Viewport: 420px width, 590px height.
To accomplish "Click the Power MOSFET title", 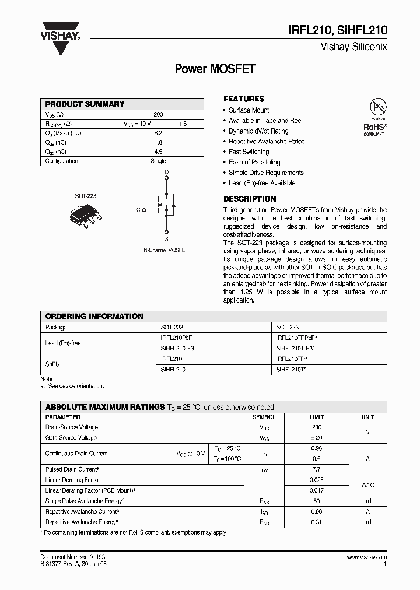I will click(x=215, y=69).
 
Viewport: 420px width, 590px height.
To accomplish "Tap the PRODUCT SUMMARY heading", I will click(x=85, y=104).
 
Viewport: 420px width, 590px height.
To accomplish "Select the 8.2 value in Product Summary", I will click(x=158, y=133).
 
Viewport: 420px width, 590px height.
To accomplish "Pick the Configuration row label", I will click(x=61, y=161).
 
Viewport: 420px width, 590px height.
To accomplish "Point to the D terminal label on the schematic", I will click(x=166, y=172).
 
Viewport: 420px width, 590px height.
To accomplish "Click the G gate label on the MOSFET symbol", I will click(x=138, y=209).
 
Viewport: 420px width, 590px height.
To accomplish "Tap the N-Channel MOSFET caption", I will click(x=166, y=250).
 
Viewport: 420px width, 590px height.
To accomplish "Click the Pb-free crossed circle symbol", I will click(x=378, y=107).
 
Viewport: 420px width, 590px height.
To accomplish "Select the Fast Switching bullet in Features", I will click(x=249, y=152).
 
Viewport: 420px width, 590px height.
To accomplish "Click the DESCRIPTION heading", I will click(x=250, y=199).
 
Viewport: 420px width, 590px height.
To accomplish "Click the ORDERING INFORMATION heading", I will click(x=94, y=316).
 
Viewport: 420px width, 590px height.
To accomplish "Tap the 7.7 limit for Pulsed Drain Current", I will click(x=317, y=469).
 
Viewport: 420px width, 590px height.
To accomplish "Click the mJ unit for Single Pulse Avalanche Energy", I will click(x=367, y=501).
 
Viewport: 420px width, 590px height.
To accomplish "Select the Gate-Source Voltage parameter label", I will click(x=71, y=438).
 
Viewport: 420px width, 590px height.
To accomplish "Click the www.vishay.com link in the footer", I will click(x=366, y=557).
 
